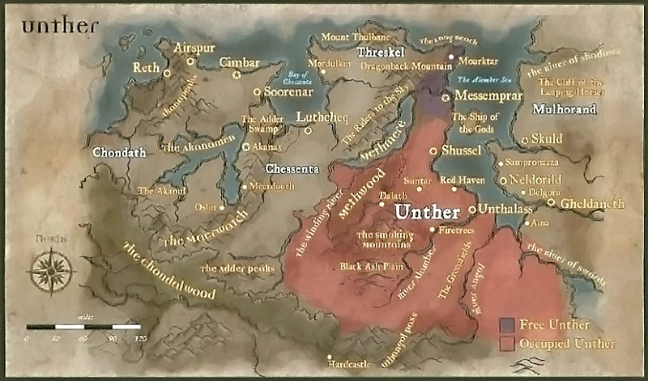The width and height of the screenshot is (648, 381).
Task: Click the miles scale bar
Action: point(83,327)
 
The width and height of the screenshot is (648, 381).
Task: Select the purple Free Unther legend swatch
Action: point(508,324)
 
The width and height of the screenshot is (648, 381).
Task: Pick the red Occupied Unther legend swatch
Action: point(508,343)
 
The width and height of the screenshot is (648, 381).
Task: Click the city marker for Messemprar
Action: point(445,97)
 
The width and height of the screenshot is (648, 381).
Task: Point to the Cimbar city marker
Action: point(237,75)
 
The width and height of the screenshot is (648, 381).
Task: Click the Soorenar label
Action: point(288,91)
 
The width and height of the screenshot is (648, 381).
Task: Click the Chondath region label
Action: point(118,152)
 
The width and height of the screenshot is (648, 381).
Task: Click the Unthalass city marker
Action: point(473,210)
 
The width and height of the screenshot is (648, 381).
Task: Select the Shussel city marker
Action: point(433,150)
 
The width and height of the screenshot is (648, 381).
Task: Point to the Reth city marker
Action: point(167,73)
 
